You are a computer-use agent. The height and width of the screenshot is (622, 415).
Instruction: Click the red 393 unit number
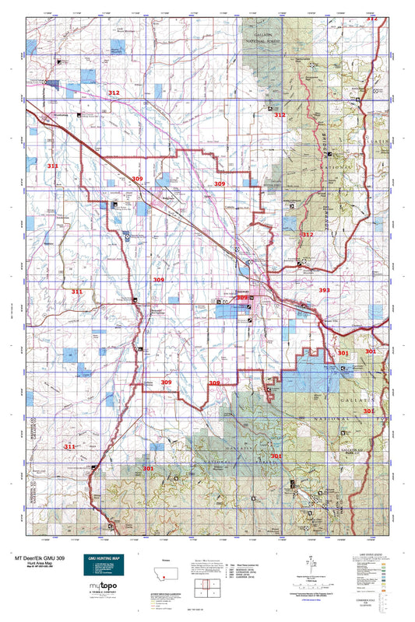[x=325, y=290]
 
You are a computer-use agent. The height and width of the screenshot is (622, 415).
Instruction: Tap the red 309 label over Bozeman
[x=242, y=298]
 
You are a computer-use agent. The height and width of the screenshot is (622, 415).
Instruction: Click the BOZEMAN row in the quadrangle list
[x=234, y=565]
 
